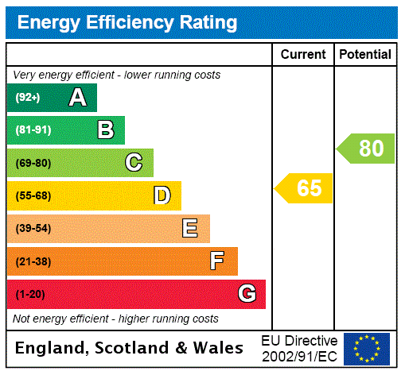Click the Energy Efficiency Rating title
point(127,22)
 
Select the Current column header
point(303,55)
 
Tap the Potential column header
point(365,55)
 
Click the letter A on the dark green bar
point(77,98)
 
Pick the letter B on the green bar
point(105,130)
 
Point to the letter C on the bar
point(134,163)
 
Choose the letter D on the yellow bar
point(162,195)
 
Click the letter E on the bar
point(189,229)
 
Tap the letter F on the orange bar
point(216,261)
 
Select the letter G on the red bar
point(247,294)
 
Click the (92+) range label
point(28,98)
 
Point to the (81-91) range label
point(33,130)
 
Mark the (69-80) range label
point(33,163)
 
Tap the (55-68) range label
point(33,195)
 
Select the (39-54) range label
point(33,229)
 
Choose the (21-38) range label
point(33,261)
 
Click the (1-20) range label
point(30,294)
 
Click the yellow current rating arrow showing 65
point(306,188)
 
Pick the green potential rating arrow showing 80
point(367,149)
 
